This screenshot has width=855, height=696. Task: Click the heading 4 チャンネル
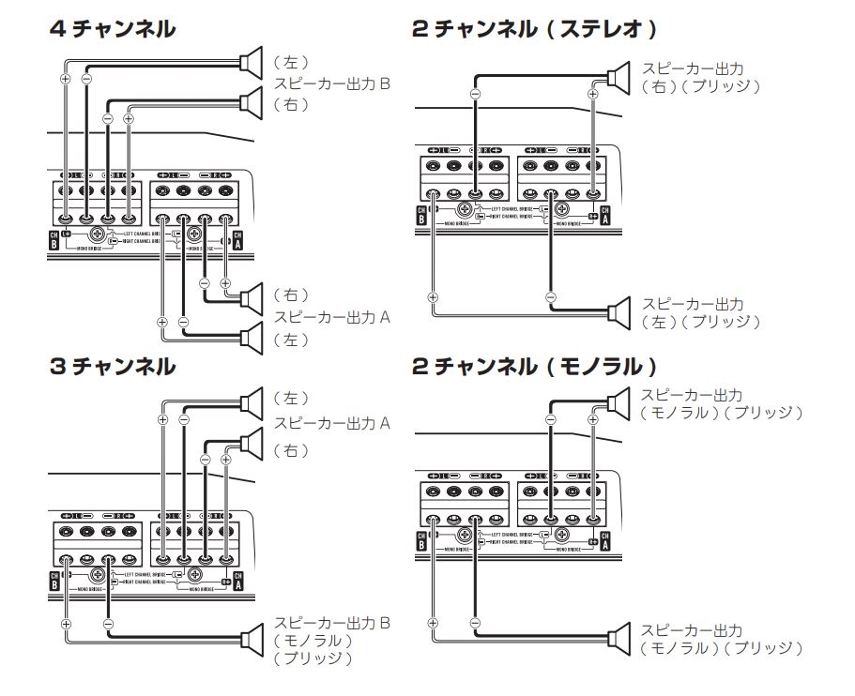coord(112,30)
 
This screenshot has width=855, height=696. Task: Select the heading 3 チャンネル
coord(112,366)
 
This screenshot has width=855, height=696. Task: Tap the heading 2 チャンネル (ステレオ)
coord(534,30)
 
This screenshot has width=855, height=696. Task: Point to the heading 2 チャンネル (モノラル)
coord(534,366)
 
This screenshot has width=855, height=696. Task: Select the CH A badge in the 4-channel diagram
coord(237,239)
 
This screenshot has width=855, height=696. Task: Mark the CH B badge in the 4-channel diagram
coord(53,239)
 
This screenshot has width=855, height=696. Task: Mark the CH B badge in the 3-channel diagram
coord(53,582)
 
